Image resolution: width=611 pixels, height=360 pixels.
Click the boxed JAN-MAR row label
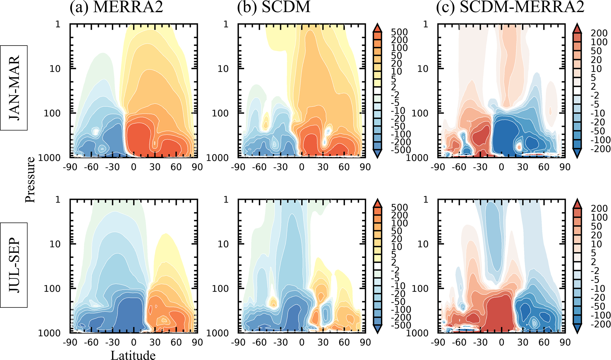tap(14, 88)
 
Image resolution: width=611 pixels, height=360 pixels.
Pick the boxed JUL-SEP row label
tap(14, 265)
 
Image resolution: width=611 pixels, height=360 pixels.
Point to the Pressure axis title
tap(30, 179)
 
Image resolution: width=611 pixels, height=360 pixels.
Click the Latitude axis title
tap(133, 355)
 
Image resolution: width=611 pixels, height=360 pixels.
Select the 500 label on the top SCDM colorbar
tap(399, 32)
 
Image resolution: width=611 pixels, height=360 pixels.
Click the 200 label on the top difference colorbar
tap(599, 33)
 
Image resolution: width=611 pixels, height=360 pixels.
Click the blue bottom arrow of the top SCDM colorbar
tap(377, 154)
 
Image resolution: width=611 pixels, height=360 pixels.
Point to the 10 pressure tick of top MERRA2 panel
tap(55, 69)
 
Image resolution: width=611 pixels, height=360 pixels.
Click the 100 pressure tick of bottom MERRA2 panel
tap(52, 288)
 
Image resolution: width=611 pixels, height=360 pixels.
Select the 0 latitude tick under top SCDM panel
tap(302, 167)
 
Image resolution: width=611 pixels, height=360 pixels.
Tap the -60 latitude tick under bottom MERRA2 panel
tap(91, 342)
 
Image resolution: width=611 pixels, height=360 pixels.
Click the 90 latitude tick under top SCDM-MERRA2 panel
tap(565, 167)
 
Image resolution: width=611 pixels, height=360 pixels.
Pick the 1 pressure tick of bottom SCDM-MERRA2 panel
tap(426, 200)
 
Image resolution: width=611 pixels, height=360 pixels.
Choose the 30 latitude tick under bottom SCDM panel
tap(323, 342)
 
